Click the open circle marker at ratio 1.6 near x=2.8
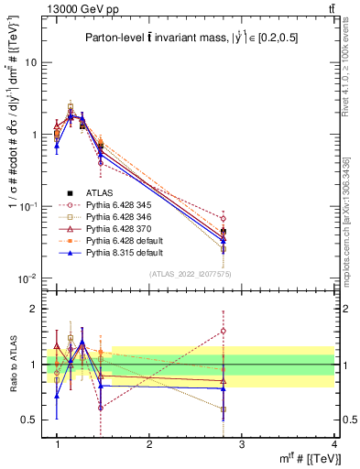click(x=224, y=331)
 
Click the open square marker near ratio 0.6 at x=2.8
click(x=224, y=409)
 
